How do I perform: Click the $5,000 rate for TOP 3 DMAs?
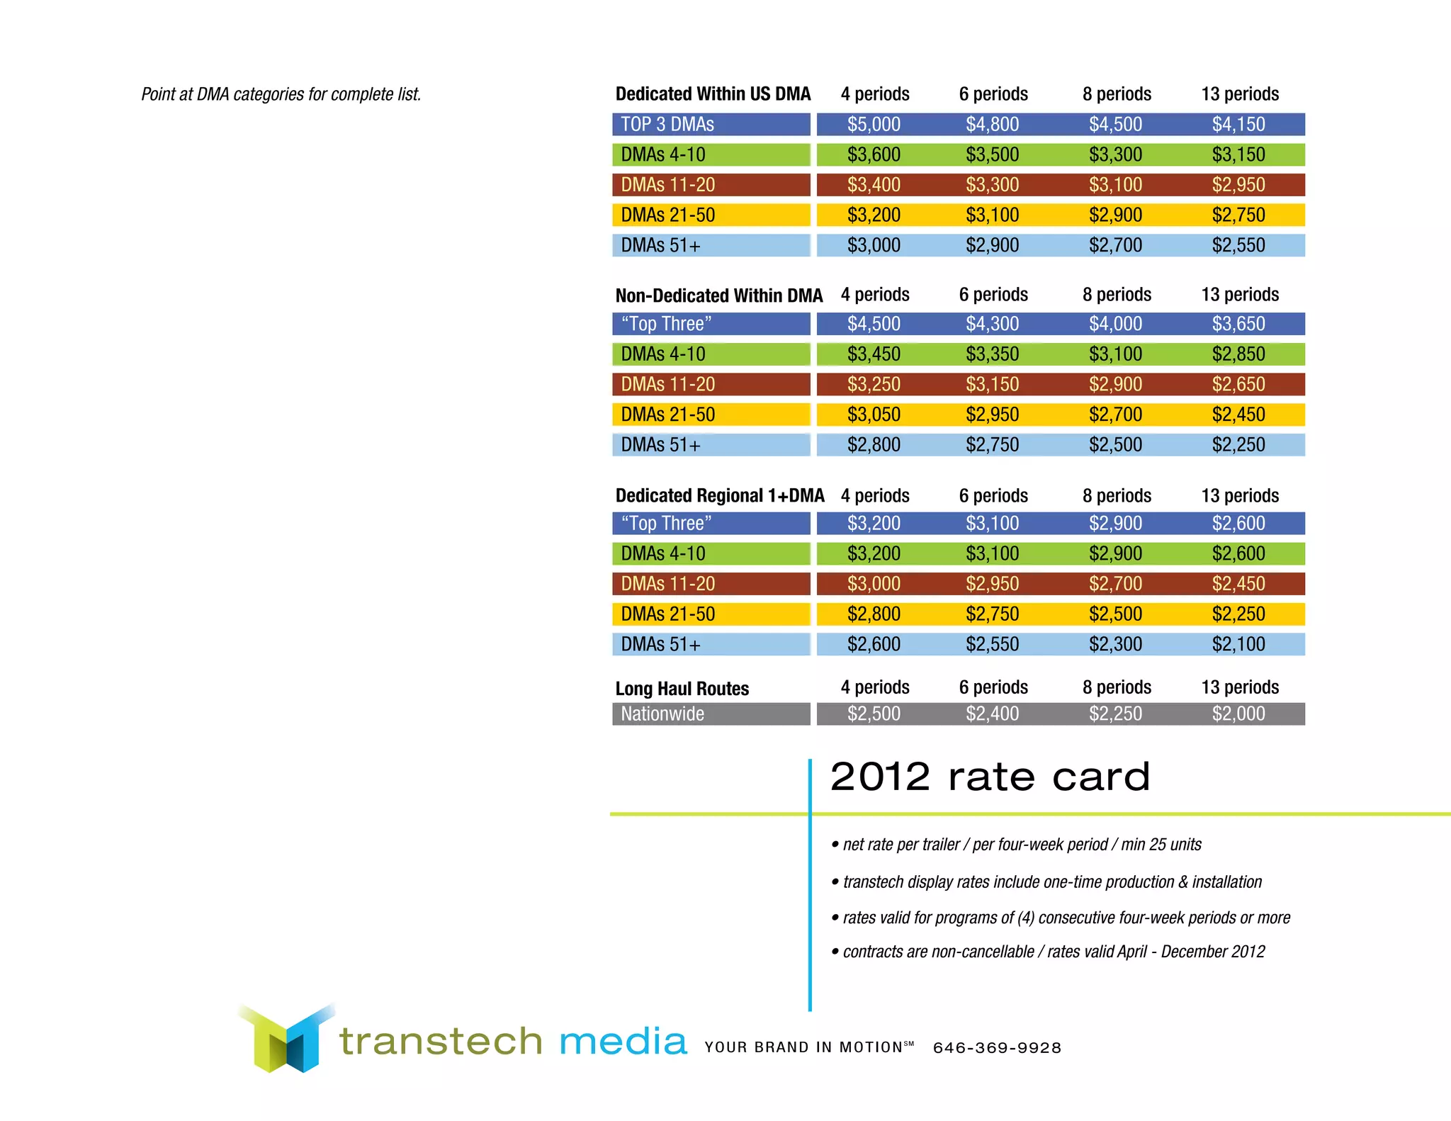pos(874,125)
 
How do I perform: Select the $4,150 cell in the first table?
pos(1238,125)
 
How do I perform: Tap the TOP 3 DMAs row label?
pos(667,125)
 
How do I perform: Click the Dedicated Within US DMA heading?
pos(713,94)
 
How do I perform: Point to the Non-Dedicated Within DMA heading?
pos(718,295)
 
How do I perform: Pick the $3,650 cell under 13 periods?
pos(1238,324)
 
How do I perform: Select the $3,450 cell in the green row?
pos(874,354)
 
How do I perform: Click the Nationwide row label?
pos(662,714)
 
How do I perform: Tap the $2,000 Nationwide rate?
pos(1238,714)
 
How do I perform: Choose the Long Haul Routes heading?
pos(682,689)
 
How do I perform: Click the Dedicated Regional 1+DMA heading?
pos(720,496)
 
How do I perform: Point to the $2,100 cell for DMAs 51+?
pos(1238,644)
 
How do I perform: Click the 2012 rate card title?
pos(990,777)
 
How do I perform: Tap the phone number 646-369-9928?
pos(997,1048)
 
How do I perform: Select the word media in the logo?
pos(623,1042)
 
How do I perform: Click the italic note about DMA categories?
pos(281,94)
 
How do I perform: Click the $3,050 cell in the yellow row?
pos(874,415)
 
